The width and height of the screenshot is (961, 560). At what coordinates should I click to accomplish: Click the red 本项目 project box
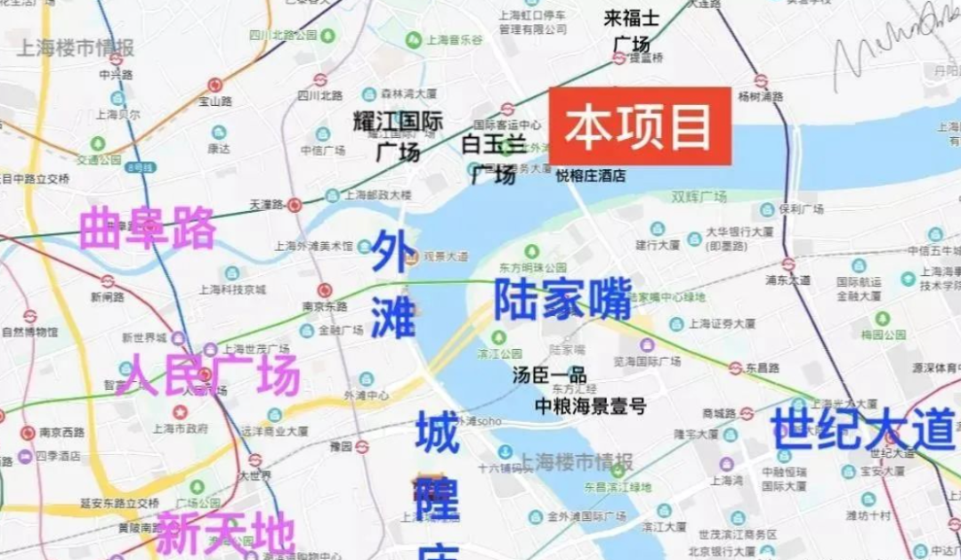[640, 127]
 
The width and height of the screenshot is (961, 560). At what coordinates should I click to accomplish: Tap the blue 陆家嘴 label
[562, 298]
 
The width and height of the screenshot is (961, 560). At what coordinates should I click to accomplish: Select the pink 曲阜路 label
[148, 229]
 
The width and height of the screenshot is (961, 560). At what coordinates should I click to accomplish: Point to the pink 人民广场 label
[211, 374]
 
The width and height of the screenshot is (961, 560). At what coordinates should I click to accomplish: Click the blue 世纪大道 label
[861, 430]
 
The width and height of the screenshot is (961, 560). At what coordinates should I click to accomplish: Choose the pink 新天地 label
[224, 533]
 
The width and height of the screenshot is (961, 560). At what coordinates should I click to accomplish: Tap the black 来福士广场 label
[632, 30]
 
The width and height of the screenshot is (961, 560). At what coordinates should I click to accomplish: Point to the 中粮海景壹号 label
[590, 407]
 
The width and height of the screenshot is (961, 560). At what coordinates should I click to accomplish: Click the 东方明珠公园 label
[533, 267]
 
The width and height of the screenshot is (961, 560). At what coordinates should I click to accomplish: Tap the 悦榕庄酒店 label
[590, 176]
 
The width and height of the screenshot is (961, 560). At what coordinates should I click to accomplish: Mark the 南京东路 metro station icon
[324, 290]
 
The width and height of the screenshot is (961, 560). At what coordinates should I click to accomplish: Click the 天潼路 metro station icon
[295, 205]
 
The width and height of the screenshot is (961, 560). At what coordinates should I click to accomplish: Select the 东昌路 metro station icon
[735, 368]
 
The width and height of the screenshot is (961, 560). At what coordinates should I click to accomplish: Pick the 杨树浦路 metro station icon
[761, 80]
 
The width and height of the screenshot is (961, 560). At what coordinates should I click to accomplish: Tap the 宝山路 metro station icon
[214, 85]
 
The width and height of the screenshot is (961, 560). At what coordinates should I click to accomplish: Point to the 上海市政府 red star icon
[180, 412]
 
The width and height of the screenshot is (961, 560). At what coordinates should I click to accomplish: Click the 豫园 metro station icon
[362, 446]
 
